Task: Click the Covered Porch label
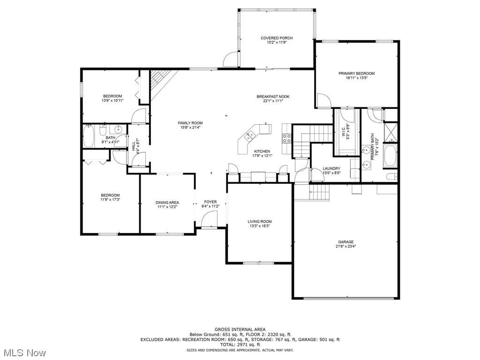coord(277,38)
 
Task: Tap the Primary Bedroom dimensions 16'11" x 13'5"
coord(356,78)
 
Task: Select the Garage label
coord(345,242)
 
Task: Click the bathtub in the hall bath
coord(89,136)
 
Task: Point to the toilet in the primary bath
coord(391,177)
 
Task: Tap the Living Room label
coord(260,222)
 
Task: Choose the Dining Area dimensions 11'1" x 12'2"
coord(167,207)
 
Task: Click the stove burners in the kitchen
coord(286,138)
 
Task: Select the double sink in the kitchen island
coord(250,135)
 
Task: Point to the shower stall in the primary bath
coord(390,132)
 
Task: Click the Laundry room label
coord(331,168)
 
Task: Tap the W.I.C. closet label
coord(343,130)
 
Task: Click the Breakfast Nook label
coord(273,97)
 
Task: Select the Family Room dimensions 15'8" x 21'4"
coord(190,127)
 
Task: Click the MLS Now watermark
coord(23,352)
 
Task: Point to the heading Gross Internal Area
coord(240,330)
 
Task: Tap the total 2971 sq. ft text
coord(240,345)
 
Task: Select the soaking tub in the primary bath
coord(390,157)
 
